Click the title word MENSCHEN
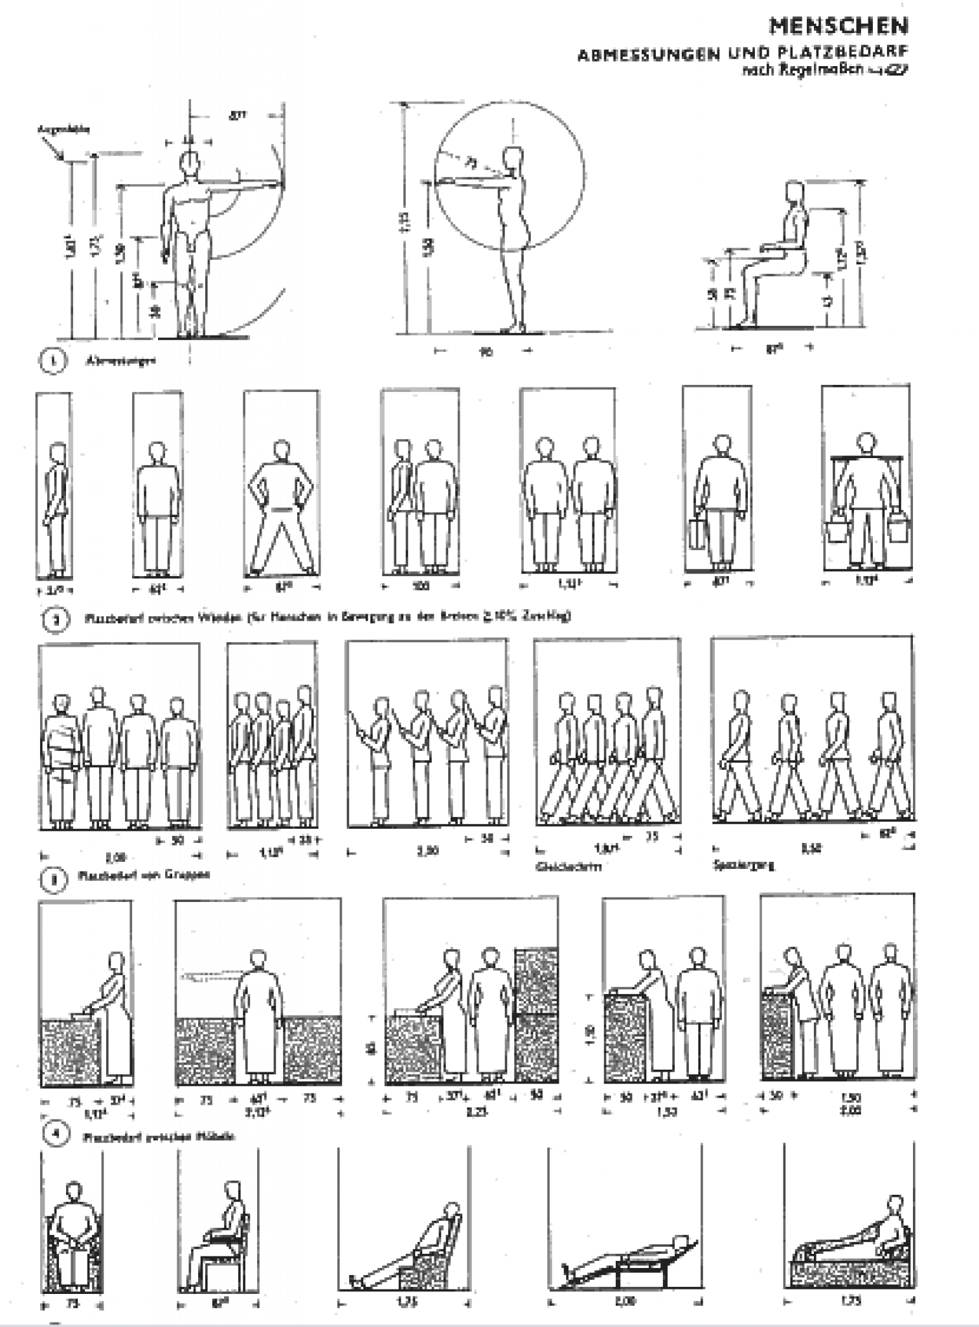point(838,27)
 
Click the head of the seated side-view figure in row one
point(794,192)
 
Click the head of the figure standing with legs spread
point(281,449)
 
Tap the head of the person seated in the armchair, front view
point(73,1192)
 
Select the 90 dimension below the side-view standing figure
point(486,352)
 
